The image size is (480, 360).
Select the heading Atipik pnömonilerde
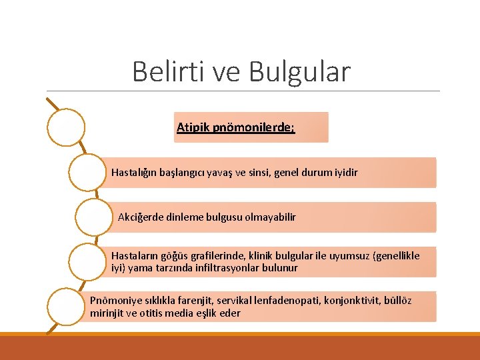pos(235,127)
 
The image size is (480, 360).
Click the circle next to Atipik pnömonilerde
pos(66,127)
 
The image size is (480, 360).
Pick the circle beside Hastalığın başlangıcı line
pos(87,173)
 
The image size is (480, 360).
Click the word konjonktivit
pos(354,301)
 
